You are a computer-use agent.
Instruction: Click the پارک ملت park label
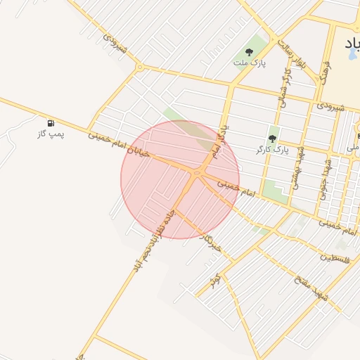pos(247,63)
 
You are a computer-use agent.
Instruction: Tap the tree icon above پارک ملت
pos(247,51)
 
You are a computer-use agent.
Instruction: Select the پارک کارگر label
pos(273,150)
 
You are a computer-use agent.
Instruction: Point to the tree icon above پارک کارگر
pos(273,139)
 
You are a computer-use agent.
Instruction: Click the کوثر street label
pos(216,281)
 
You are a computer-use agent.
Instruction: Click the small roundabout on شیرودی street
pos(139,67)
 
